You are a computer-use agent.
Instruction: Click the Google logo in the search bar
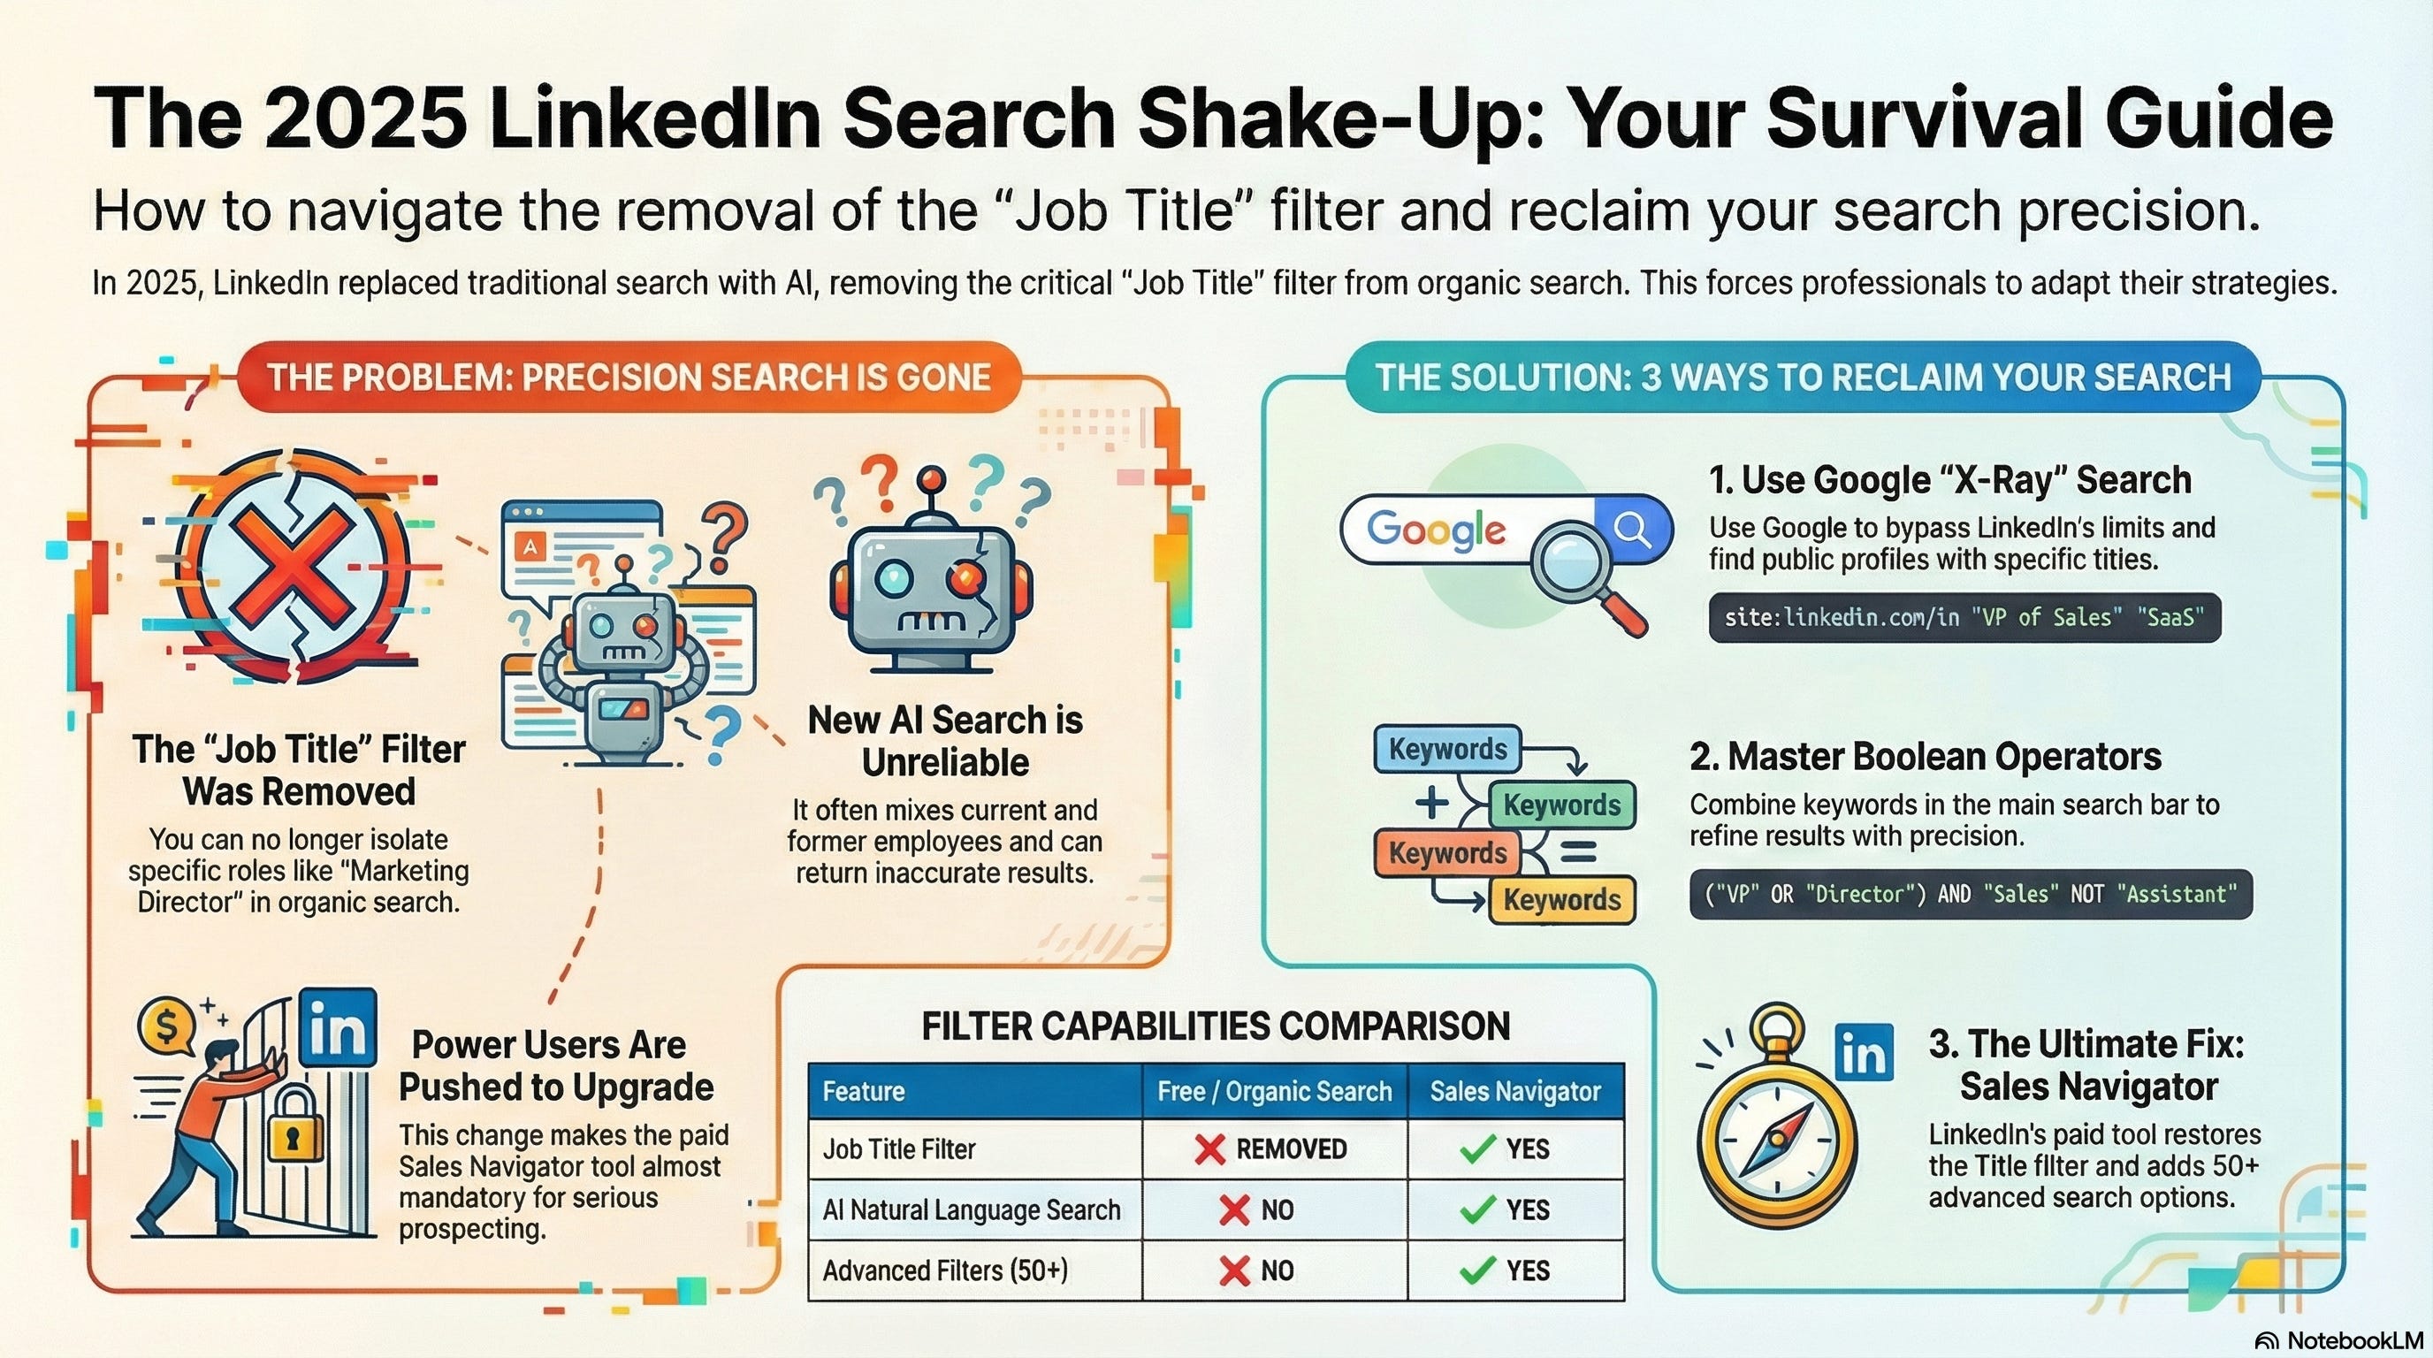1436,530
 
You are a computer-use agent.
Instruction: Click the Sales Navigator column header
1515,1092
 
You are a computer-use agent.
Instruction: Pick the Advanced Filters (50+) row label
944,1270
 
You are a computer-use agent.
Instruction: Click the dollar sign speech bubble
167,1026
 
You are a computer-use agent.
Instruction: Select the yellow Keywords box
1561,900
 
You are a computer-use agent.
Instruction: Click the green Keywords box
1561,805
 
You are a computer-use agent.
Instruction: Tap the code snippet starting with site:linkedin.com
1964,618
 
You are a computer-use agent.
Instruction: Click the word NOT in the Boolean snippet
2087,895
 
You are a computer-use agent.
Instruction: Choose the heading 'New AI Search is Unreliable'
944,740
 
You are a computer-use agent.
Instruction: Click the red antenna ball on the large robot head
931,477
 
